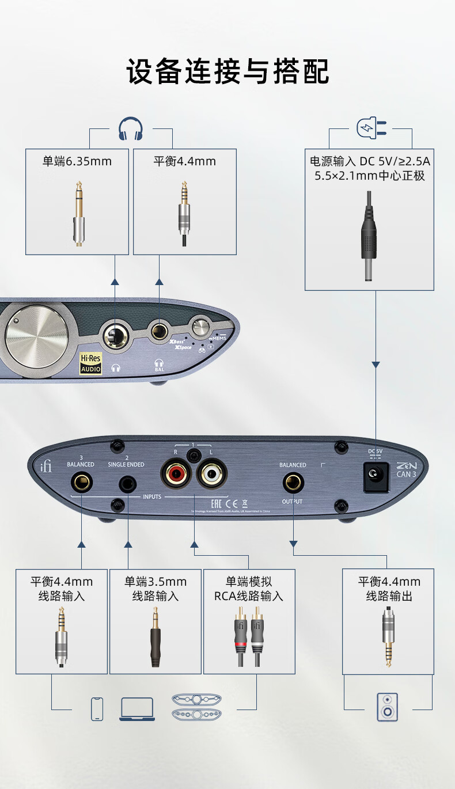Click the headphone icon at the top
tap(130, 128)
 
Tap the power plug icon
tap(371, 128)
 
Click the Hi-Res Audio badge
tap(90, 364)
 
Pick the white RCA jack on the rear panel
tap(211, 475)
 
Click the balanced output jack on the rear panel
tap(293, 482)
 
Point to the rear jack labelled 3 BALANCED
tap(81, 482)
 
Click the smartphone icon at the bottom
tap(97, 708)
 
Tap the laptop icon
tap(137, 709)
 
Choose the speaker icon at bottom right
tap(388, 707)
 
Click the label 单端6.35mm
tap(77, 161)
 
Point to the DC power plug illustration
tap(369, 236)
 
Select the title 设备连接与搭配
tap(227, 72)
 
